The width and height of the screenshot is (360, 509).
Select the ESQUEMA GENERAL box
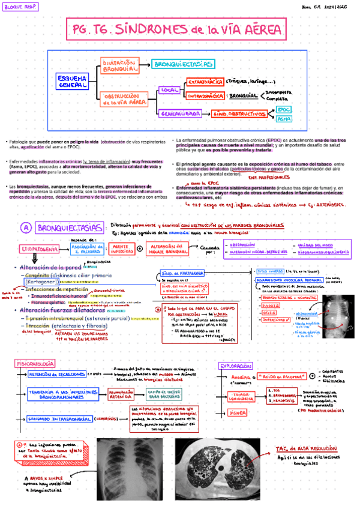click(73, 82)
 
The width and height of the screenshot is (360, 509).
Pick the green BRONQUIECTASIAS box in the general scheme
click(183, 64)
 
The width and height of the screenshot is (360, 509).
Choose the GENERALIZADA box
click(180, 113)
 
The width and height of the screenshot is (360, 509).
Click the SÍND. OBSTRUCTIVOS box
click(240, 113)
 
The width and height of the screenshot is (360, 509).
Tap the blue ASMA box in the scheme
click(284, 119)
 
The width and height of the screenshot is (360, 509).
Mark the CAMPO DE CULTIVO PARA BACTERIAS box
click(166, 394)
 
